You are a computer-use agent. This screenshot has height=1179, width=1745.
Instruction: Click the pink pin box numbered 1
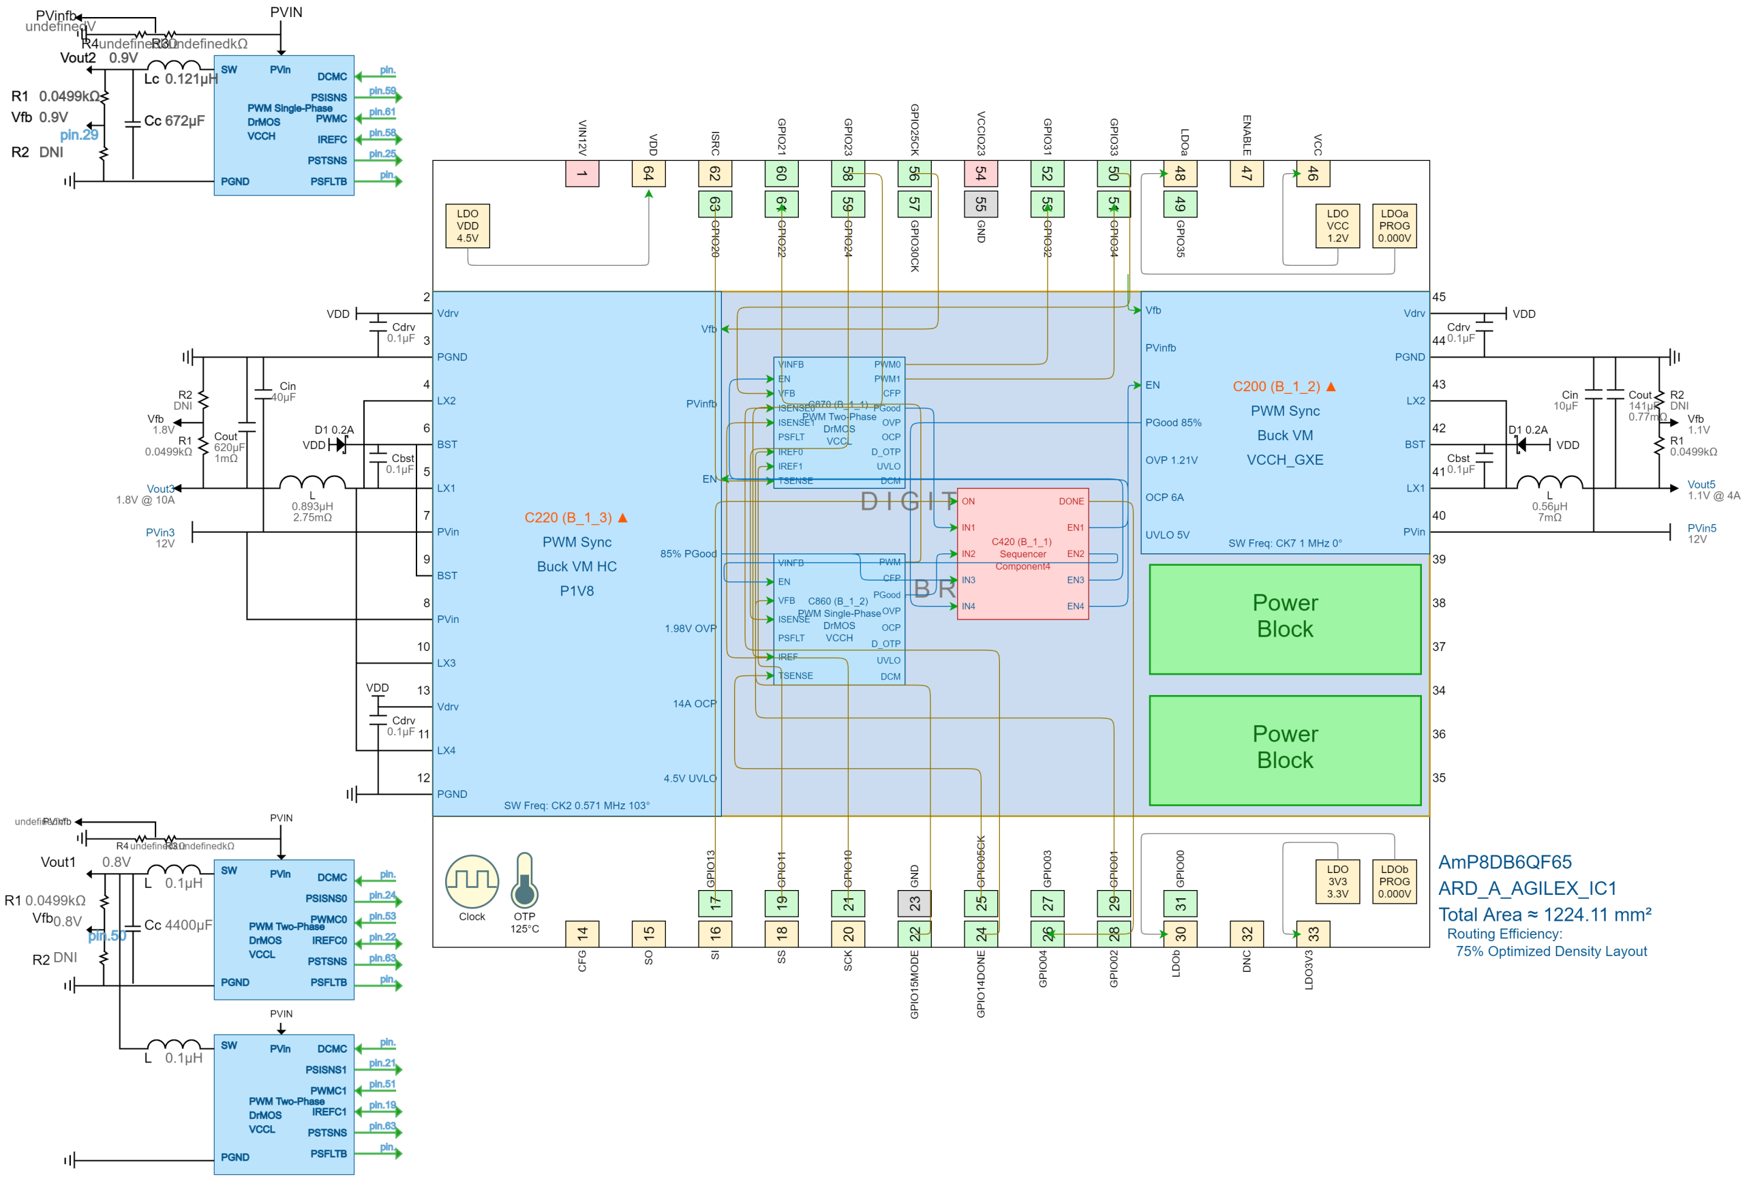pos(582,173)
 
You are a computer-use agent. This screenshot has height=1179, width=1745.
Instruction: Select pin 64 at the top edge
pos(649,173)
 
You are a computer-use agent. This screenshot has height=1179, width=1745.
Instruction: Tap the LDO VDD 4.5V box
pos(467,226)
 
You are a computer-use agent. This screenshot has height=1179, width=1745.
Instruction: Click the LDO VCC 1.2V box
pos(1337,226)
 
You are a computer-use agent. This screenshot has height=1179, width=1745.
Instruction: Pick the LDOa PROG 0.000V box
pos(1395,226)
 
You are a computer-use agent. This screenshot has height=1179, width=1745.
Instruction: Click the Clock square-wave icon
pos(472,882)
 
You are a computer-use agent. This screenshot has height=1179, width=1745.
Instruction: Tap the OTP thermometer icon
pos(524,881)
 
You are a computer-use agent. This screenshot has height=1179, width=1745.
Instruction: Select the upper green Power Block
pos(1285,618)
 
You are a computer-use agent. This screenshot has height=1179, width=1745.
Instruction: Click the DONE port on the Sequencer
pos(1071,502)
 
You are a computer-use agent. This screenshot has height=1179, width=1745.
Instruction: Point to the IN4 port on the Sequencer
pos(969,607)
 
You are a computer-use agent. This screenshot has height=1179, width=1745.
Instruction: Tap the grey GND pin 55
pos(981,204)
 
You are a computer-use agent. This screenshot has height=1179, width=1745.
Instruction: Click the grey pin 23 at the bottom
pos(915,904)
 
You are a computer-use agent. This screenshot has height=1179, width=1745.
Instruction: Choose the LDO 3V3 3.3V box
pos(1337,882)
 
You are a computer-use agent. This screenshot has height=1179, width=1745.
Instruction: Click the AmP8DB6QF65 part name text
pos(1504,862)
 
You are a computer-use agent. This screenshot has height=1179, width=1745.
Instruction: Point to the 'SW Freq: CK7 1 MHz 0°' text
pos(1285,543)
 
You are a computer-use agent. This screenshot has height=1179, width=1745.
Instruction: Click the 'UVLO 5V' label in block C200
pos(1167,535)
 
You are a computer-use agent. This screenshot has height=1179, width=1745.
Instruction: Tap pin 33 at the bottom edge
pos(1314,934)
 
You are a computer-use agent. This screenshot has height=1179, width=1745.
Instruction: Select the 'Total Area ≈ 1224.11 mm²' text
pos(1545,915)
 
